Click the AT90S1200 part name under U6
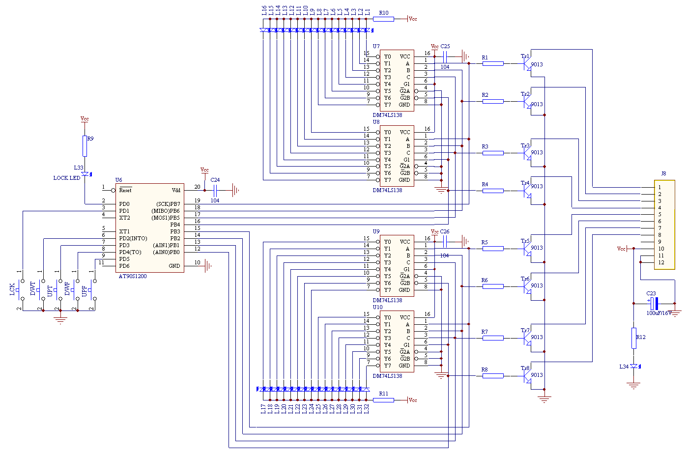click(x=133, y=276)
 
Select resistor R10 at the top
click(x=383, y=19)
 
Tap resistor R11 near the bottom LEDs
click(x=383, y=400)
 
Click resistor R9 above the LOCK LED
click(x=85, y=146)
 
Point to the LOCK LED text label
click(x=67, y=178)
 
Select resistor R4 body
click(x=493, y=191)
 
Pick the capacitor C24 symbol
click(x=215, y=190)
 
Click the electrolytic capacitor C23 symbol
click(x=654, y=303)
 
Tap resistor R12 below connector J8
click(x=634, y=338)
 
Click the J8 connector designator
click(x=663, y=173)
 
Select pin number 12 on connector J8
click(x=661, y=262)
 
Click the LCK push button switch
click(x=20, y=290)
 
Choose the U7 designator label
click(x=376, y=46)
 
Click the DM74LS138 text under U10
click(x=387, y=376)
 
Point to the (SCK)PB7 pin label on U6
click(x=168, y=204)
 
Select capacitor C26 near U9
click(x=445, y=241)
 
